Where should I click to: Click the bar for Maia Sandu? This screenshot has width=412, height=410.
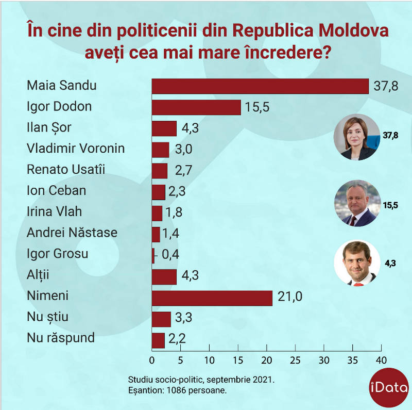coord(260,86)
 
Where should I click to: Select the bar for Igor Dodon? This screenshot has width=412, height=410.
coord(196,107)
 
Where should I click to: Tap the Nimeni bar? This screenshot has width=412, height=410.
coord(212,298)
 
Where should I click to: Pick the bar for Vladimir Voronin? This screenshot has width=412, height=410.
coord(161,150)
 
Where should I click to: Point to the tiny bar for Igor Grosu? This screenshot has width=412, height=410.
coord(153,255)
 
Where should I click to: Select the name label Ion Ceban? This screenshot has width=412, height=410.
coord(56,191)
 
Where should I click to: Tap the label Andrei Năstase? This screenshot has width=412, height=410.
coord(72,233)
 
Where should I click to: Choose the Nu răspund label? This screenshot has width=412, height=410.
coord(61,338)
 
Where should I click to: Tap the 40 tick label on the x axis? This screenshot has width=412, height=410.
coord(381,359)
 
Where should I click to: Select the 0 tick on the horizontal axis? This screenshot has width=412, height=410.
coord(152,359)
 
